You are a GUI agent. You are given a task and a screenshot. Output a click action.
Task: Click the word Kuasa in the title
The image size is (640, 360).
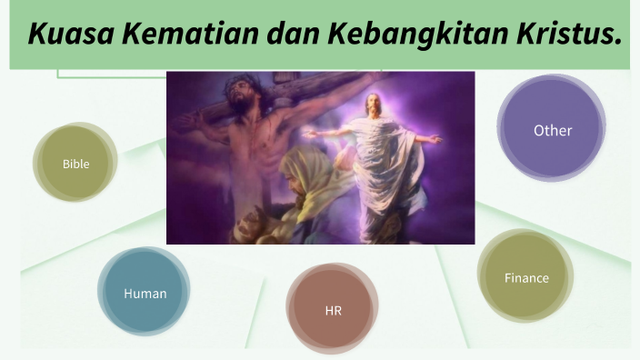pos(63,35)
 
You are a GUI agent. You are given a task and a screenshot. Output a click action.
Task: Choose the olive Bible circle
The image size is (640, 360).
pos(75,164)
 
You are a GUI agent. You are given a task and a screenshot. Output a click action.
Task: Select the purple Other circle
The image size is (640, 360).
pos(552,130)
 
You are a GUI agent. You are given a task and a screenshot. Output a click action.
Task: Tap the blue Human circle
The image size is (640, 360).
pos(145,293)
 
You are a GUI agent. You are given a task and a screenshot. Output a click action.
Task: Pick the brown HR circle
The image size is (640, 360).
pos(333,311)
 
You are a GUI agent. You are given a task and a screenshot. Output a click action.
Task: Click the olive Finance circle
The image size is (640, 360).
pos(526,277)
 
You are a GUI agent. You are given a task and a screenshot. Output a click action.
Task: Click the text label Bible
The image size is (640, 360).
pos(75,164)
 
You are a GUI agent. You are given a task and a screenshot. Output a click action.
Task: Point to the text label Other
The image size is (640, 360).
pos(553,130)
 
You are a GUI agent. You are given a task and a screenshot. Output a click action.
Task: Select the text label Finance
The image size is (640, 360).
pos(526,277)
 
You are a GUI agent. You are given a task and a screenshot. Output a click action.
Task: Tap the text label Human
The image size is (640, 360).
pos(145,294)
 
